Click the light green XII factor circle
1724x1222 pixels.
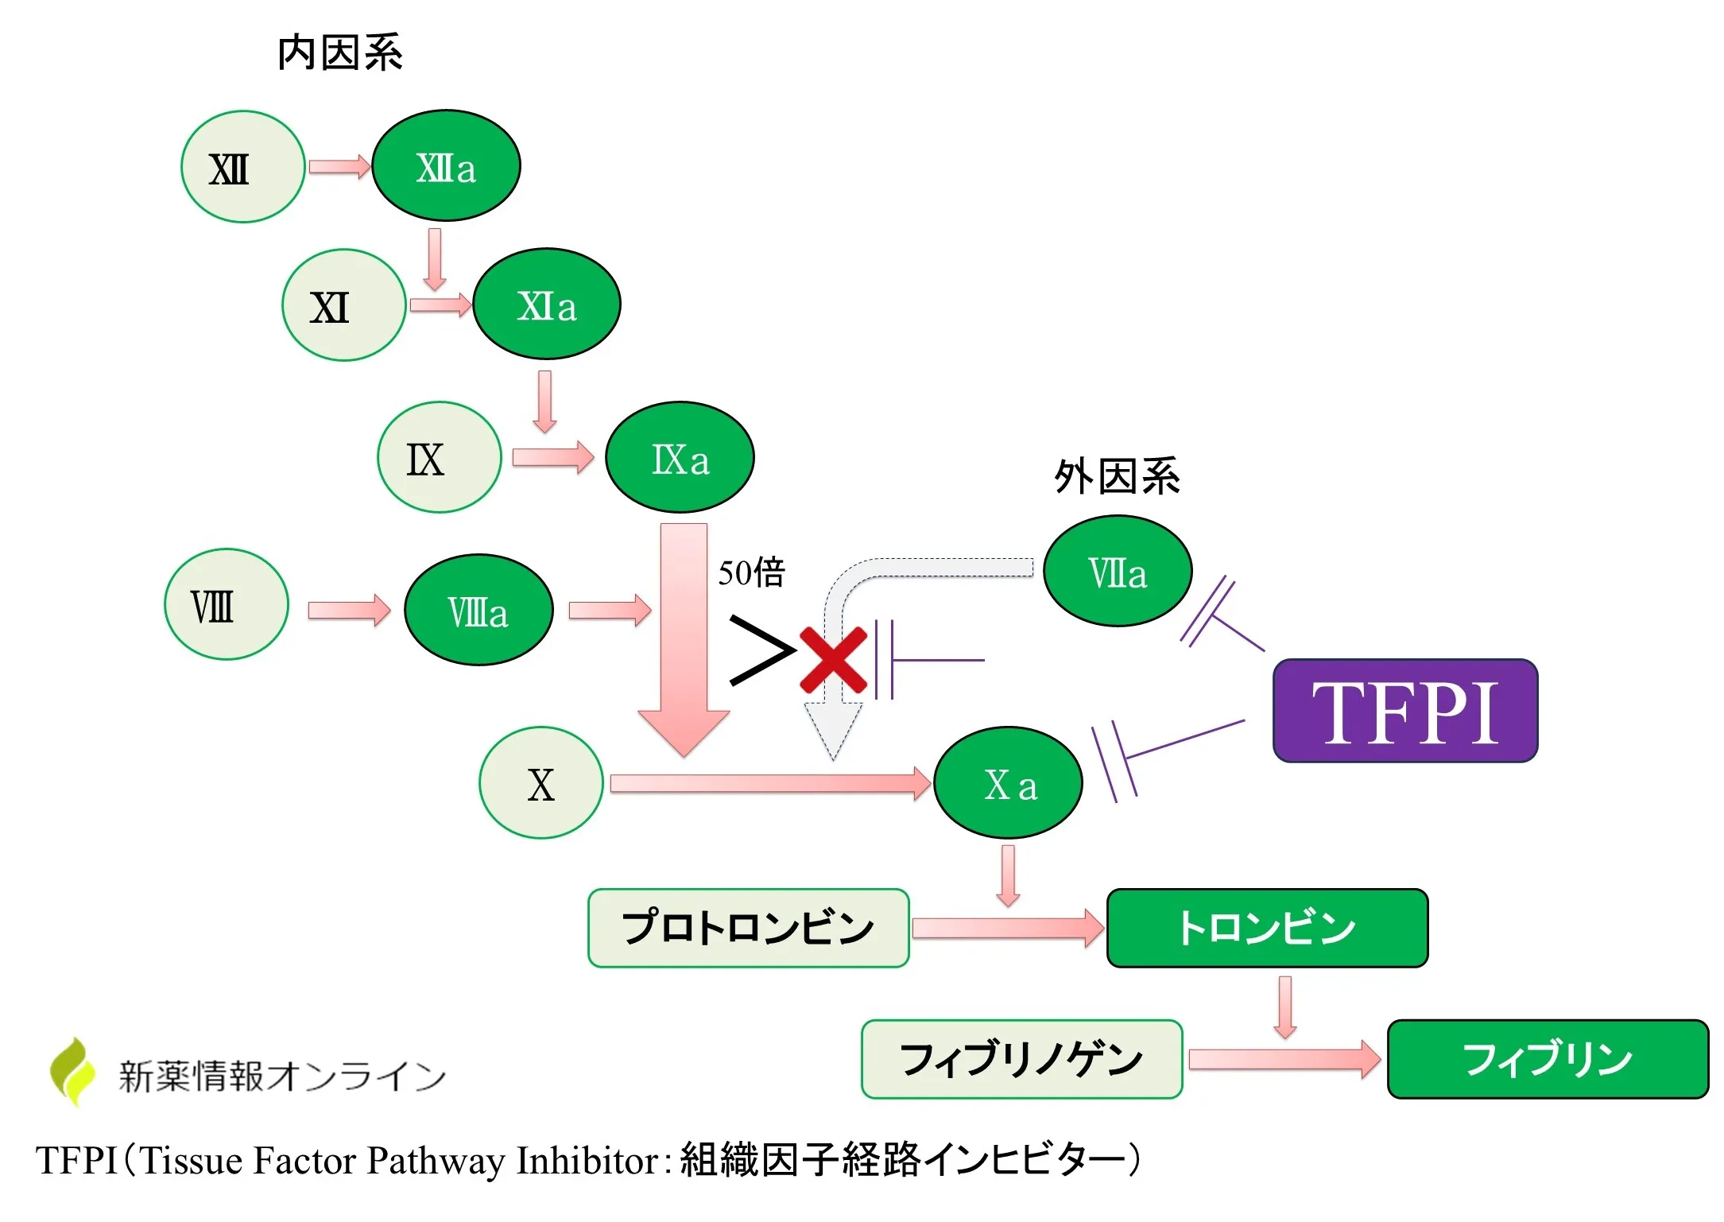(242, 167)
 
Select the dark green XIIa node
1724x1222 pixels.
(446, 165)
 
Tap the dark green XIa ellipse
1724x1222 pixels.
(546, 305)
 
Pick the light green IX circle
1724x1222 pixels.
(439, 457)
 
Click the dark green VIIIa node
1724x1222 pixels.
(478, 610)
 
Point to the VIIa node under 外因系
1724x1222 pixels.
(1117, 571)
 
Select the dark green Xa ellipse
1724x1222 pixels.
(1008, 783)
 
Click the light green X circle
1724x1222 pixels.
(540, 783)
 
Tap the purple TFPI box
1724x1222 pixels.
(1404, 711)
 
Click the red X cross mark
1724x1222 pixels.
(832, 660)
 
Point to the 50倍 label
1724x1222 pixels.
(751, 572)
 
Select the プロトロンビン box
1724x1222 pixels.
(748, 928)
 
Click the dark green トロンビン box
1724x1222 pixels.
(1267, 928)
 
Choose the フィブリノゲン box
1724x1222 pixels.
(1021, 1059)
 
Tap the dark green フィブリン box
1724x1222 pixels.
(1547, 1059)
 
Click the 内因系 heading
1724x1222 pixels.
(340, 54)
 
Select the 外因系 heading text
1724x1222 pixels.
(1117, 477)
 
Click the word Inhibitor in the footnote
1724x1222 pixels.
(587, 1161)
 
